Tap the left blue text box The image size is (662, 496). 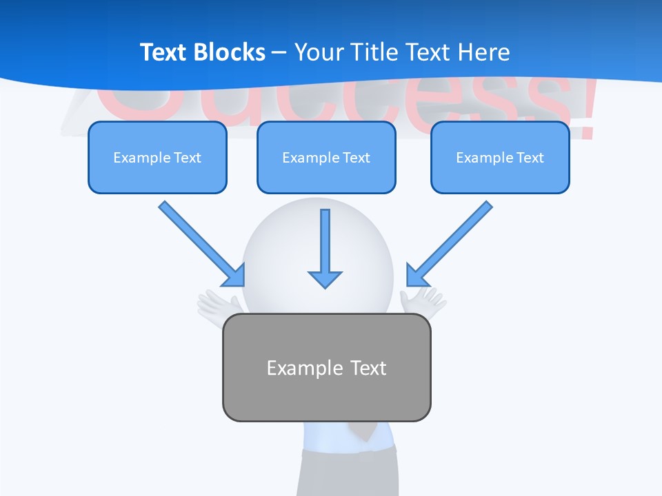157,172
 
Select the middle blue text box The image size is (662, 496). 326,176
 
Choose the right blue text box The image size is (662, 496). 500,176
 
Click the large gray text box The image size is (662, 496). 326,396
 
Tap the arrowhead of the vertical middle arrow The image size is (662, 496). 325,278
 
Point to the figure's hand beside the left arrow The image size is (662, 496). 218,303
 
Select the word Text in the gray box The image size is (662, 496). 368,368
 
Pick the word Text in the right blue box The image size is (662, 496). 530,158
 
